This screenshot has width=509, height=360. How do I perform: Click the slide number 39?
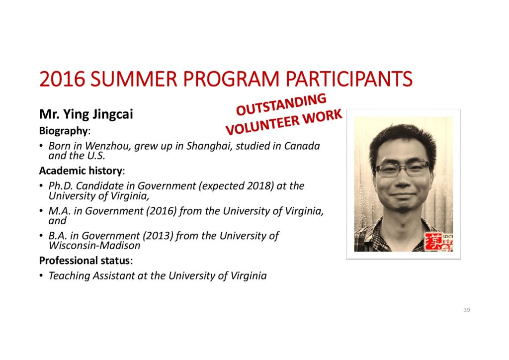point(466,310)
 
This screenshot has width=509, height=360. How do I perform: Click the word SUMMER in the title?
point(134,79)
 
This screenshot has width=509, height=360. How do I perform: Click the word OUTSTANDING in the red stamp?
point(281,104)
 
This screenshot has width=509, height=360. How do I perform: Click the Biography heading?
point(64,131)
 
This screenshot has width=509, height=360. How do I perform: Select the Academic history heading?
point(81,171)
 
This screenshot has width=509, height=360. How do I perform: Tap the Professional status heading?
point(85,261)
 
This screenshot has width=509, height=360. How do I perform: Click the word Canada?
point(302,146)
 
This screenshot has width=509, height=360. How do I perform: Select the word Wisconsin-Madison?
point(94,246)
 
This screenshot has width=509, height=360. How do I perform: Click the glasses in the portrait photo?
point(402,169)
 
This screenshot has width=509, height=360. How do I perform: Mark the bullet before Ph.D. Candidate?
point(41,186)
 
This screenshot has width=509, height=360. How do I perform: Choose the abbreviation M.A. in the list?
point(60,211)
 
